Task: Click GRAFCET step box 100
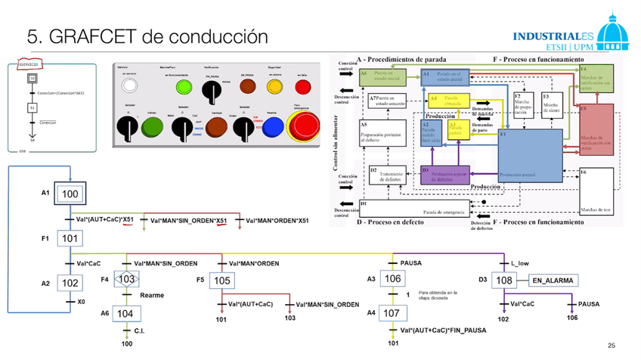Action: (70, 194)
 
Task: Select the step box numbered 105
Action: (220, 281)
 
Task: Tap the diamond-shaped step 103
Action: (126, 280)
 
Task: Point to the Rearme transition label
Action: (152, 295)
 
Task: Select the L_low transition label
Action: (520, 263)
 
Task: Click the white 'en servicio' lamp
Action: (132, 85)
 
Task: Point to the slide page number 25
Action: (611, 346)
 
